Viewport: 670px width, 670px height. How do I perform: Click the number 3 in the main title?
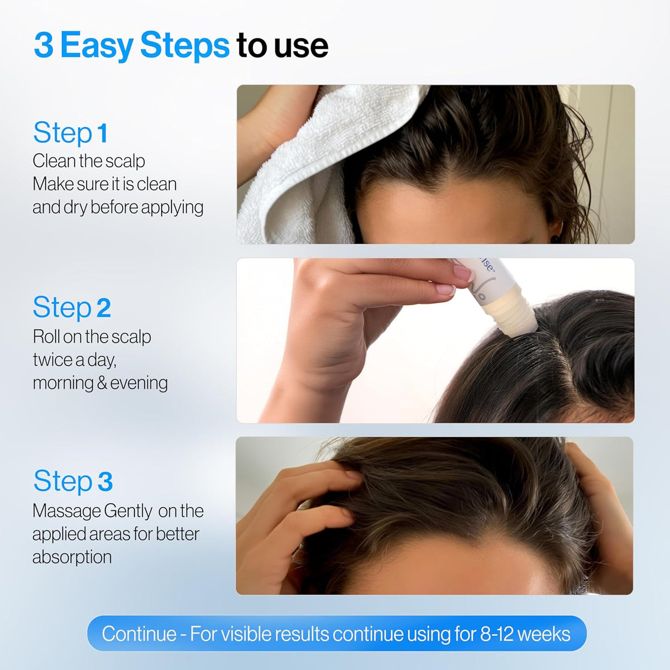coord(44,46)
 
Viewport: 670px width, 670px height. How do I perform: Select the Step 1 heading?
coord(70,133)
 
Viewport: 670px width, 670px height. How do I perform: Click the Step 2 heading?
coord(71,308)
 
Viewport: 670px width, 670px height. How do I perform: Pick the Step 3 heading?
coord(73,481)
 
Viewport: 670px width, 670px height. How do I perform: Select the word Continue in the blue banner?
coord(139,634)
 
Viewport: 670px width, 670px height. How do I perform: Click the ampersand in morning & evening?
coord(102,384)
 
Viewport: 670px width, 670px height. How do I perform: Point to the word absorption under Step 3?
coord(72,557)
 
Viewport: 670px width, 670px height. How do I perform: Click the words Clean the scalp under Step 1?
coord(89,161)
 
